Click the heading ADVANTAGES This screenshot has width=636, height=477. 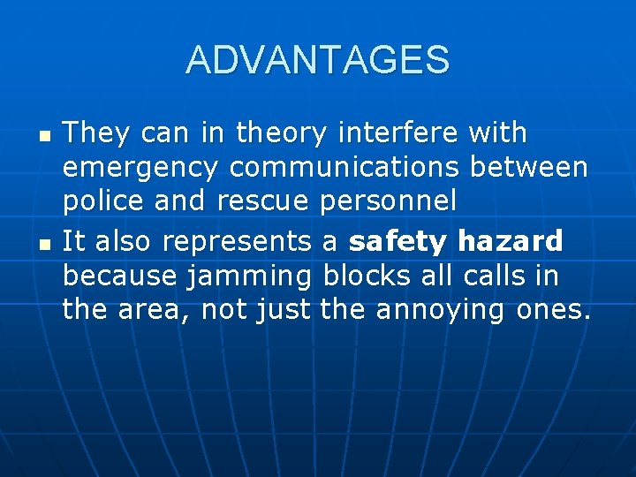click(x=318, y=60)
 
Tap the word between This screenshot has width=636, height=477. click(x=529, y=168)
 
